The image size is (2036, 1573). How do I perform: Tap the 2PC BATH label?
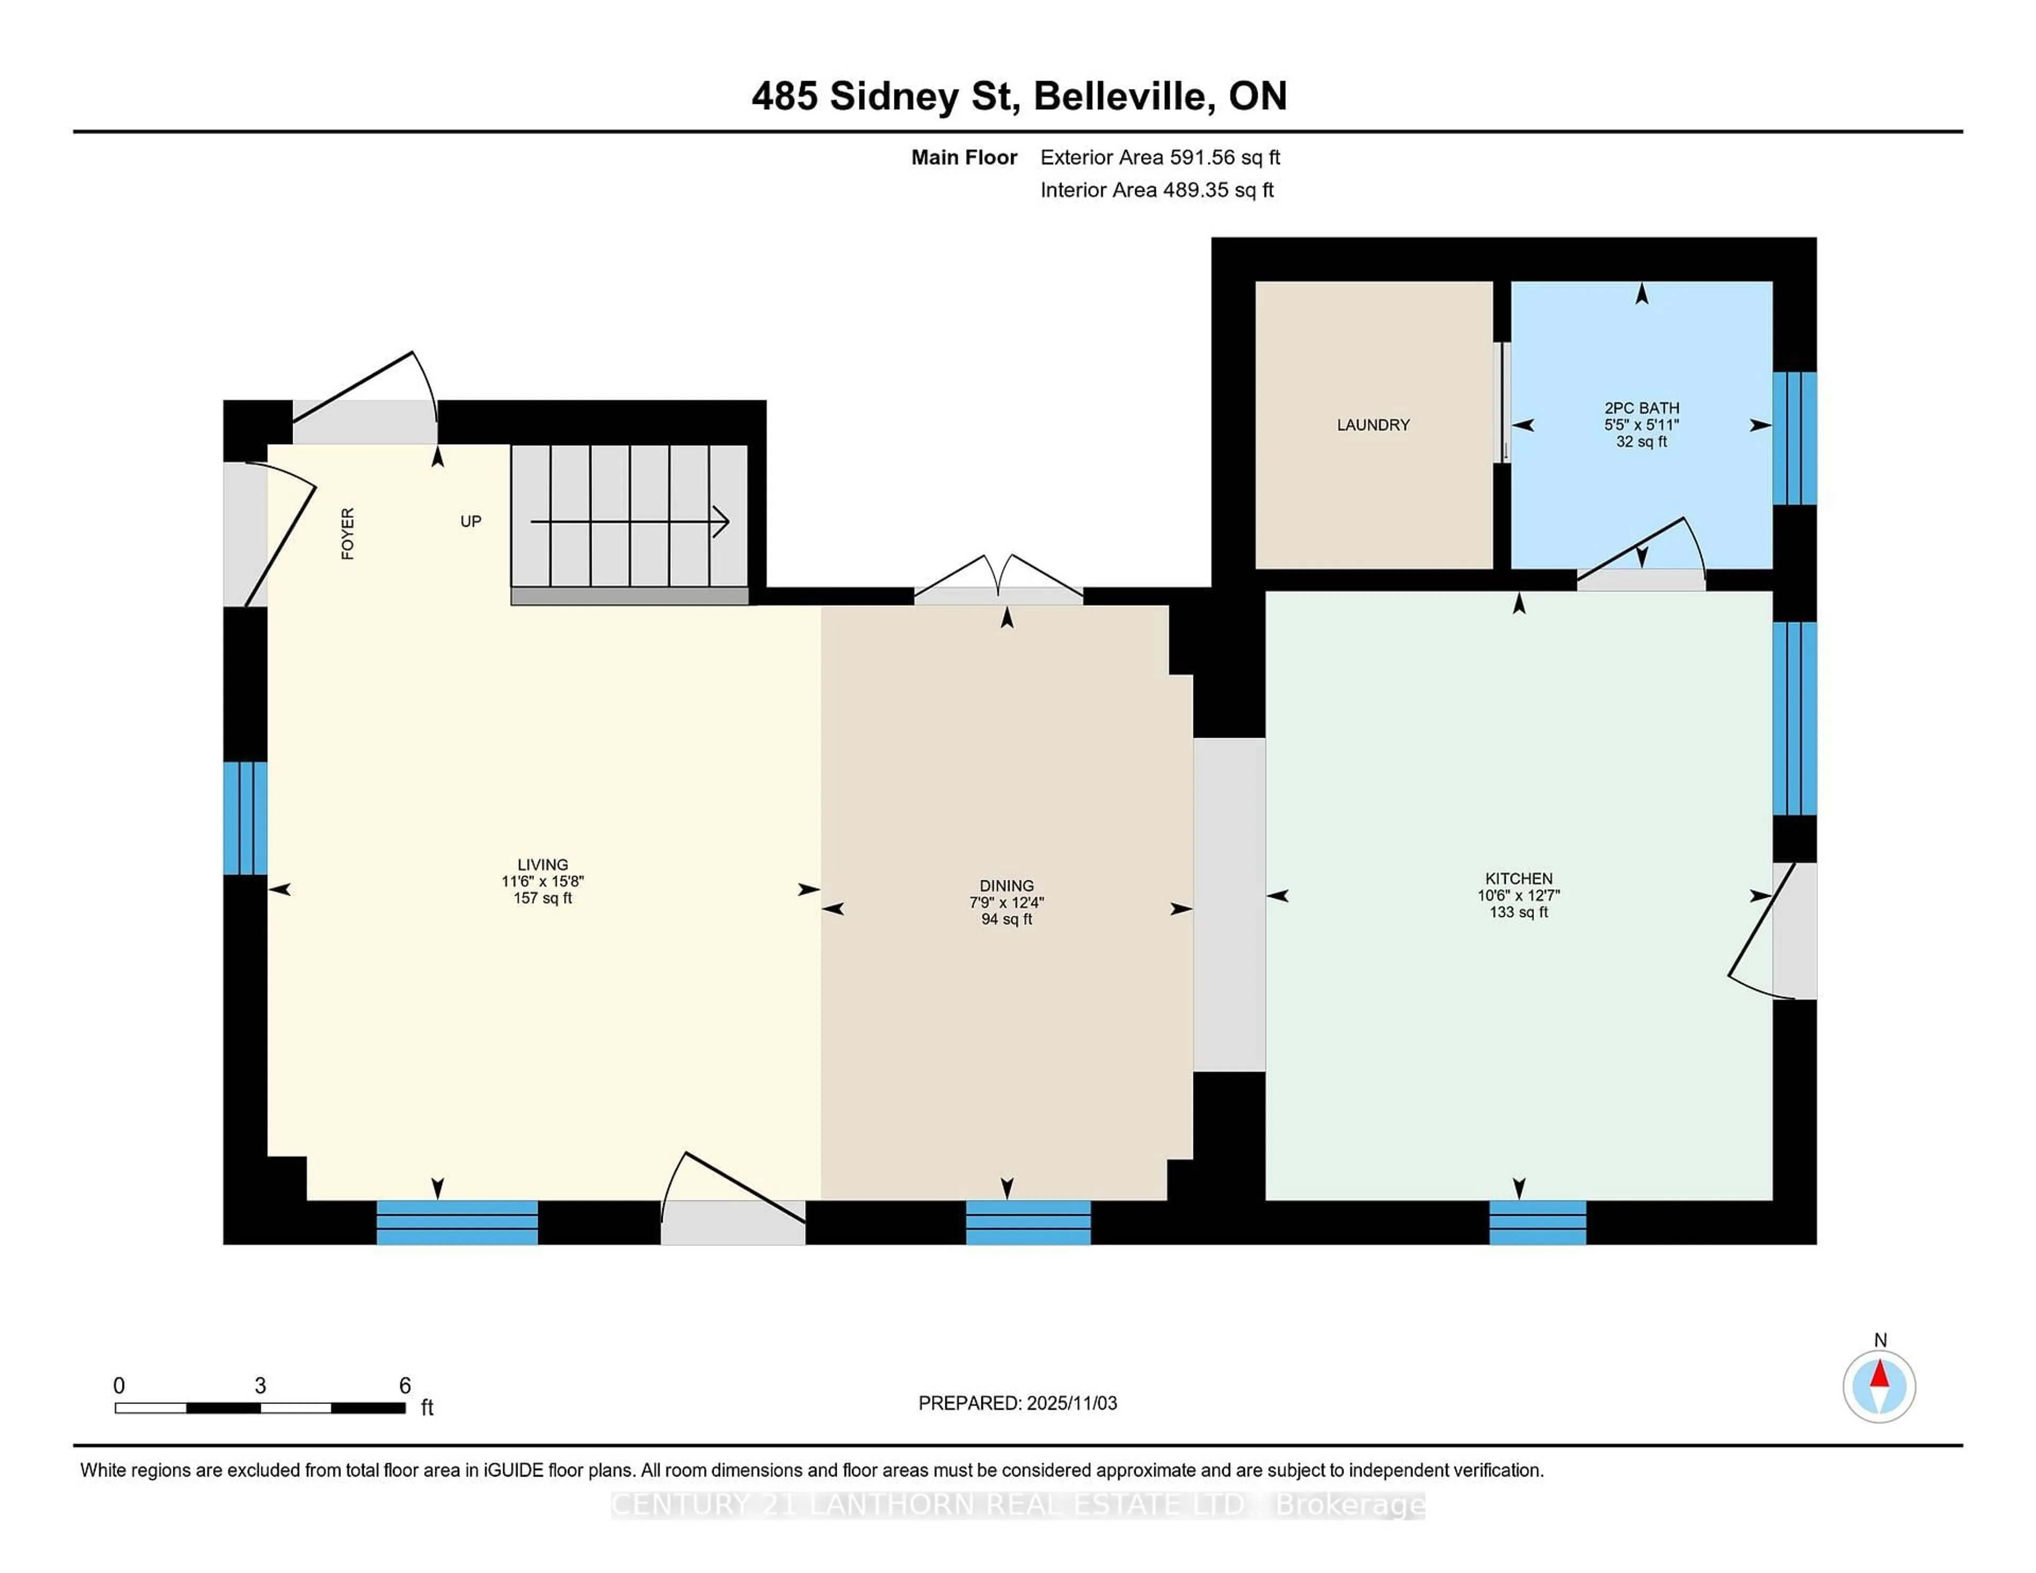point(1641,408)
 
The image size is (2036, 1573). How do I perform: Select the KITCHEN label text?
point(1519,879)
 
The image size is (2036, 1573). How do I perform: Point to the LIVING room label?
point(542,865)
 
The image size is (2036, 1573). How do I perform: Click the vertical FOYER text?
point(348,533)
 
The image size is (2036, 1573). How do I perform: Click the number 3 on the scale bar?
point(260,1386)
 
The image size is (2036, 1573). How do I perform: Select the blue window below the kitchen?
point(1537,1223)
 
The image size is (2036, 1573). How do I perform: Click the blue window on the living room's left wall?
point(245,818)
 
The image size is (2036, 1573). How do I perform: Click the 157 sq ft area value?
point(542,898)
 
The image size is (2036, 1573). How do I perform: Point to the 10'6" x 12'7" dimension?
point(1519,896)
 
